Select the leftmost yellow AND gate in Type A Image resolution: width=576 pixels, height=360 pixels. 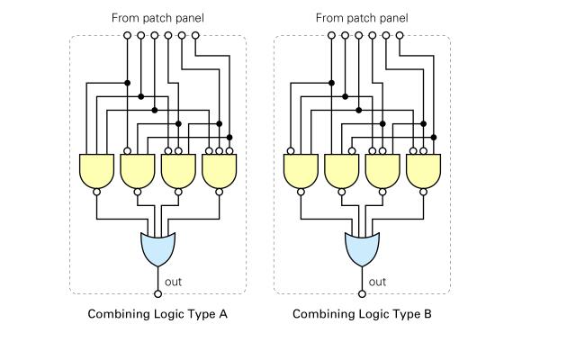pyautogui.click(x=96, y=170)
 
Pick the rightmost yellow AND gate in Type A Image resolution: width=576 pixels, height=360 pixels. pyautogui.click(x=219, y=170)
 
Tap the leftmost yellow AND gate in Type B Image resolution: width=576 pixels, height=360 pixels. pyautogui.click(x=300, y=170)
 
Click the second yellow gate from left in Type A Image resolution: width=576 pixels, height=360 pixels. pyautogui.click(x=137, y=170)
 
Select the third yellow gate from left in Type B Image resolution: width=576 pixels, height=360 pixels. pyautogui.click(x=382, y=170)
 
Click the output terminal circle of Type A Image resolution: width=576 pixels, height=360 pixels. pyautogui.click(x=158, y=293)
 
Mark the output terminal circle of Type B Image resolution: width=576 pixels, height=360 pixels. pyautogui.click(x=362, y=293)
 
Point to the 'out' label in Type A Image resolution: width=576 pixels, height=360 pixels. pyautogui.click(x=175, y=282)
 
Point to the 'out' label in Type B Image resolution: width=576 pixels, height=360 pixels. pyautogui.click(x=378, y=282)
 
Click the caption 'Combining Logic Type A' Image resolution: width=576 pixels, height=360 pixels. pyautogui.click(x=158, y=315)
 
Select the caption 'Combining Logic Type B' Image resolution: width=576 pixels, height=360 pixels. pyautogui.click(x=362, y=315)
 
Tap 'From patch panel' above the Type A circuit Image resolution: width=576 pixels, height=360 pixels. pyautogui.click(x=158, y=18)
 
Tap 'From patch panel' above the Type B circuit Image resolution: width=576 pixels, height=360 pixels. pyautogui.click(x=362, y=18)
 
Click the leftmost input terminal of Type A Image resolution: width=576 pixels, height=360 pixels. pyautogui.click(x=127, y=35)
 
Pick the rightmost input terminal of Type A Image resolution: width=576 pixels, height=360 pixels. pyautogui.click(x=195, y=35)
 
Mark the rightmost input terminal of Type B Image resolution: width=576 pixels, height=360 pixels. pyautogui.click(x=399, y=35)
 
